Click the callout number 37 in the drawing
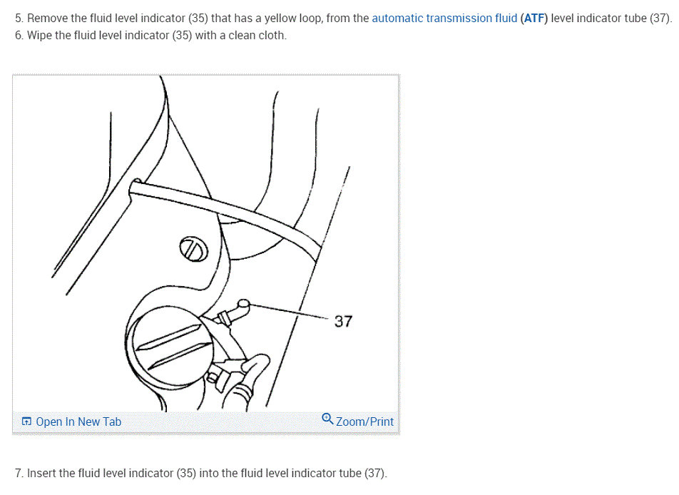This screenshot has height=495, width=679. click(343, 322)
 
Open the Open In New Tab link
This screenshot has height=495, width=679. click(78, 422)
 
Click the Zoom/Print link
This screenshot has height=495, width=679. click(364, 422)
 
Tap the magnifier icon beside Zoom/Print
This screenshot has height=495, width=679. click(327, 418)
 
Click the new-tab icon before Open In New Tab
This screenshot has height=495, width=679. click(26, 422)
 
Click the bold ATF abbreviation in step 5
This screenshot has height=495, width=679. click(534, 19)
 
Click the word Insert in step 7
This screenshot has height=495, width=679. click(42, 473)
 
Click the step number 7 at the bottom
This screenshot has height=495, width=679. click(18, 473)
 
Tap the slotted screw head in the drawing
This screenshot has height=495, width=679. click(193, 249)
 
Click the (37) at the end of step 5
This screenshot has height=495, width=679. click(659, 19)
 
